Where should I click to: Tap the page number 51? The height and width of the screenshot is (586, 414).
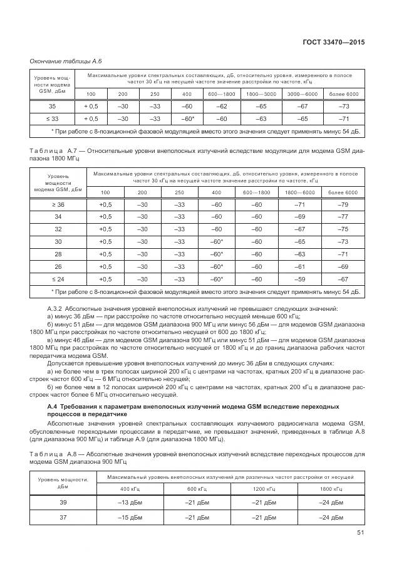click(360, 533)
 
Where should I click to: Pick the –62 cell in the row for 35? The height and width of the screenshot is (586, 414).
click(220, 106)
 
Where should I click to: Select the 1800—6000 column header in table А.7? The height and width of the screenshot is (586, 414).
click(299, 192)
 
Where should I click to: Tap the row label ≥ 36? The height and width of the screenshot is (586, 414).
click(58, 204)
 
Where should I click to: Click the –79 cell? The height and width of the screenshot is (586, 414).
click(343, 204)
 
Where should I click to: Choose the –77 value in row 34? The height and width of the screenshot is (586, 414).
click(343, 217)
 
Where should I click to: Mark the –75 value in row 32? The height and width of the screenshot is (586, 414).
click(343, 229)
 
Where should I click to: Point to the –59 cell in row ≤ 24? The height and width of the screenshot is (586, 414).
click(299, 279)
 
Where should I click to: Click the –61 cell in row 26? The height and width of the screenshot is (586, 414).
click(299, 266)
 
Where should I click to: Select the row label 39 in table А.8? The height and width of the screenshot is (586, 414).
click(63, 502)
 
